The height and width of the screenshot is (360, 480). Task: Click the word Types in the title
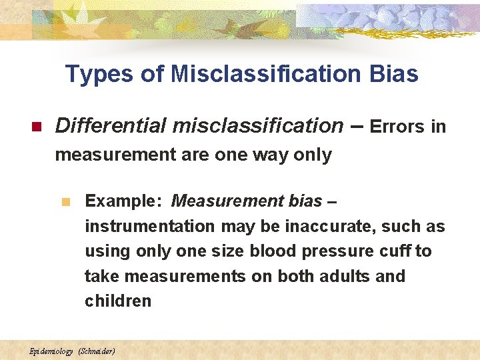tap(100, 74)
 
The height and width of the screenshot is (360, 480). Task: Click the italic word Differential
tap(110, 125)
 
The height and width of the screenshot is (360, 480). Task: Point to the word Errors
tap(397, 127)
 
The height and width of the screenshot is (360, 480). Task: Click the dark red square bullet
tap(37, 127)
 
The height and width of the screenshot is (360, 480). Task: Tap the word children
tap(118, 301)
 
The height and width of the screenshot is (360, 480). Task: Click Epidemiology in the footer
tap(51, 351)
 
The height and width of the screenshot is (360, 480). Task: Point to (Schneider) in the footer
tap(97, 351)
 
